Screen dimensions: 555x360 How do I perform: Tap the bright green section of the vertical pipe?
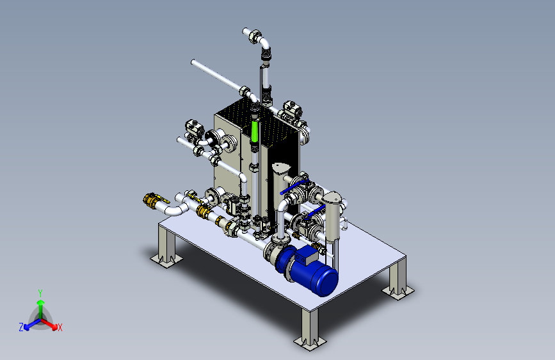click(x=255, y=131)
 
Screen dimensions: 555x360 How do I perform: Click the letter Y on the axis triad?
click(x=40, y=293)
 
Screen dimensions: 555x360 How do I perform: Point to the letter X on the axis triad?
click(x=60, y=328)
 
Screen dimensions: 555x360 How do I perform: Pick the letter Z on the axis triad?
click(x=21, y=327)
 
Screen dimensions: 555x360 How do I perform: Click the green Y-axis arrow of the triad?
click(x=41, y=309)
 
